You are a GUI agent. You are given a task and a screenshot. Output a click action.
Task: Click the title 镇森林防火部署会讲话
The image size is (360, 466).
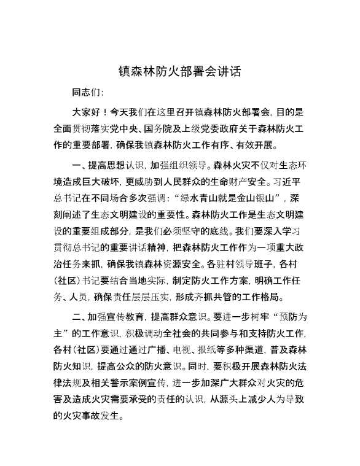179,71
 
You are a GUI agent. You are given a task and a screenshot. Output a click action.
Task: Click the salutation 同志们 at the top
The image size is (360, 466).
87,93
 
